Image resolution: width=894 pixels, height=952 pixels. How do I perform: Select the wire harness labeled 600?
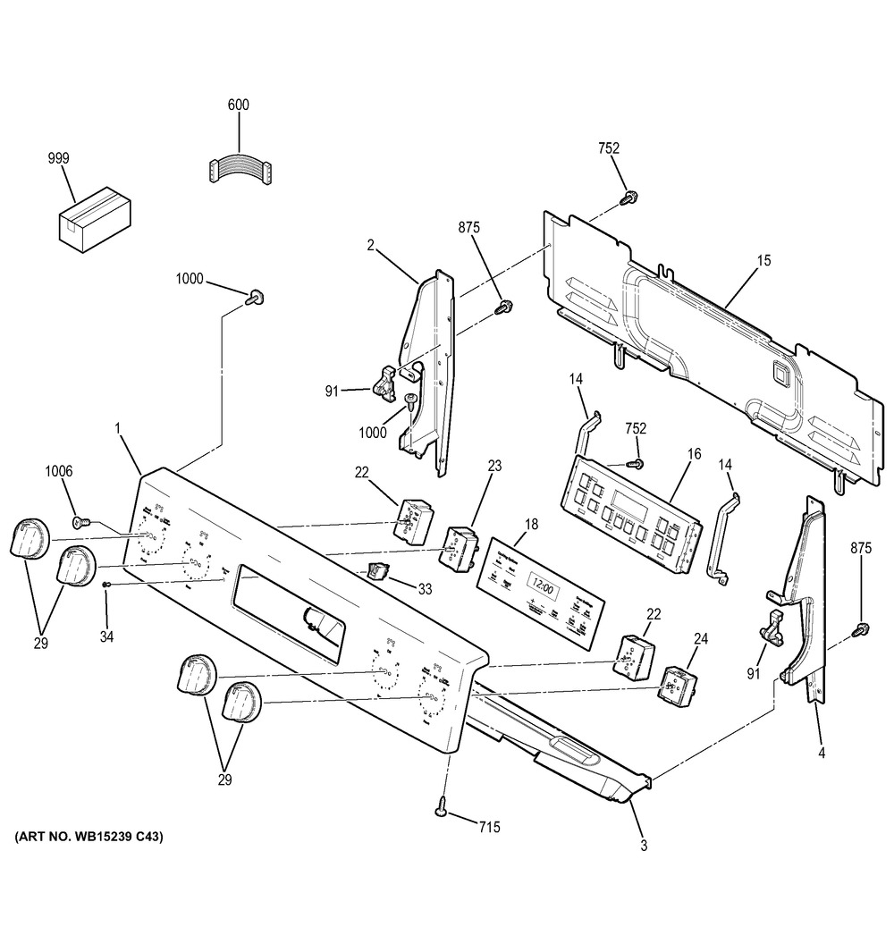240,170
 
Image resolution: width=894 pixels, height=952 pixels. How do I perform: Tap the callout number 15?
763,262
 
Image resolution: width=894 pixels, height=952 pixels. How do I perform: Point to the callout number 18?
531,525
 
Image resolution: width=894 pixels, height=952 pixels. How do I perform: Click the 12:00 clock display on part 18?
541,588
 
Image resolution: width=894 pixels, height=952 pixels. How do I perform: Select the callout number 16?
694,455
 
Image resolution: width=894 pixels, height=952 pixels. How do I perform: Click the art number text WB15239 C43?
89,838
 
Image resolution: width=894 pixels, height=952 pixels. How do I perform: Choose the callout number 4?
821,754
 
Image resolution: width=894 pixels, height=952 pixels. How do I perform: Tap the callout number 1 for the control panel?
117,430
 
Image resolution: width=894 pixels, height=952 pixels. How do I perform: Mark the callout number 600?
238,105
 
